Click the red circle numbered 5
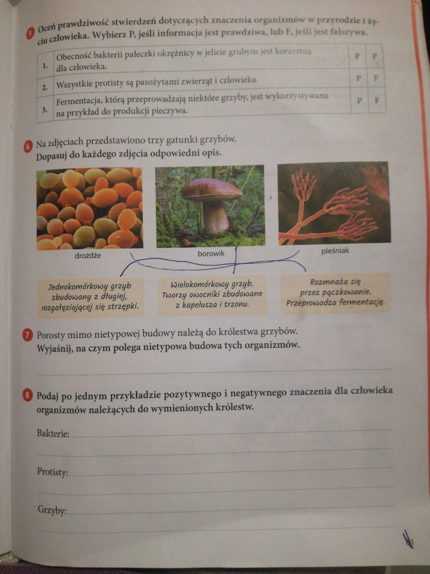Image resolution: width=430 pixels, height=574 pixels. click(29, 34)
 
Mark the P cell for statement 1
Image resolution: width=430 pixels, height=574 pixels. click(358, 56)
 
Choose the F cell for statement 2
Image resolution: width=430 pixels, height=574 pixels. click(376, 78)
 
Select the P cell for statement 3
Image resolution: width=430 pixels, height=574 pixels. click(359, 100)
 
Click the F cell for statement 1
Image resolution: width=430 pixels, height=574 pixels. click(375, 56)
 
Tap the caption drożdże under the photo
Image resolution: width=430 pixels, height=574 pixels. click(88, 256)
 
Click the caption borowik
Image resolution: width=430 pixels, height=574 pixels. click(211, 254)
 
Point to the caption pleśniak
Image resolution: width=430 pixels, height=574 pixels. click(335, 251)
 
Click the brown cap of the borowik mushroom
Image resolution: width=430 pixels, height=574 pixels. click(212, 190)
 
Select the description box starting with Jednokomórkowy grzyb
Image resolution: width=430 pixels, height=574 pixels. click(90, 297)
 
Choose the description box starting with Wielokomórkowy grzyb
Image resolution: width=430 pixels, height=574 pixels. click(212, 294)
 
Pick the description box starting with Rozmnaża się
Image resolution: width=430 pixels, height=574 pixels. click(335, 293)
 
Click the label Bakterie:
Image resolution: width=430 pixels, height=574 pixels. click(53, 434)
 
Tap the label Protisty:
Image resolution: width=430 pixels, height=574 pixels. click(53, 472)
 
